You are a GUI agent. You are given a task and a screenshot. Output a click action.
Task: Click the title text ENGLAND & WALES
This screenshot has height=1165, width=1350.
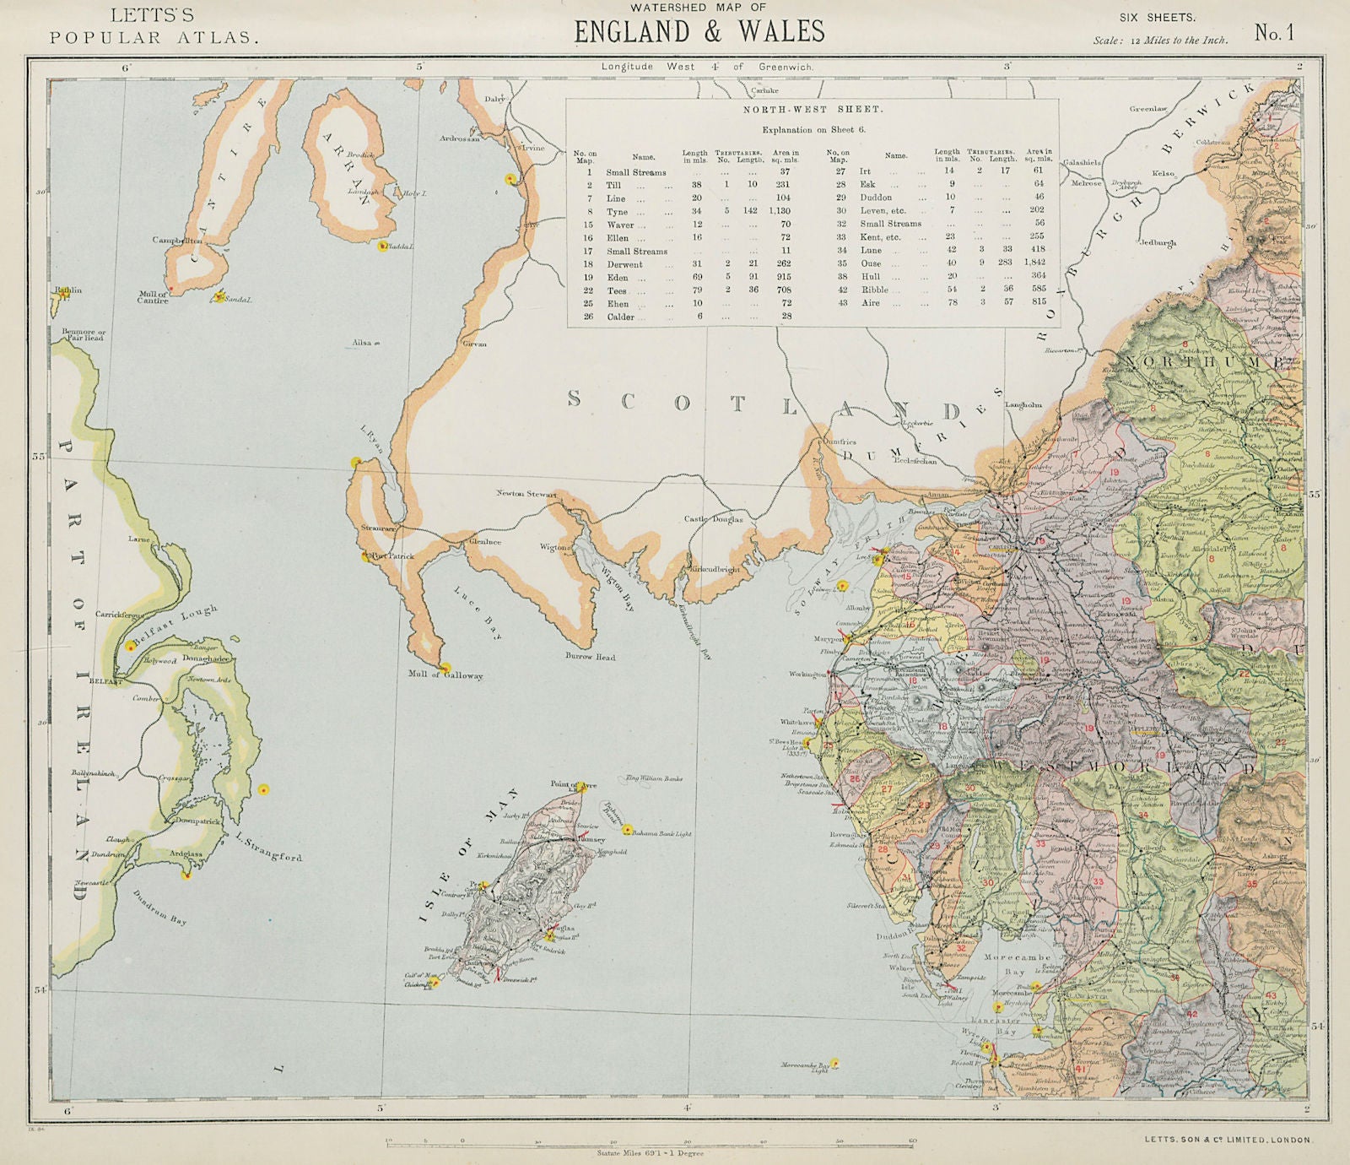pyautogui.click(x=699, y=32)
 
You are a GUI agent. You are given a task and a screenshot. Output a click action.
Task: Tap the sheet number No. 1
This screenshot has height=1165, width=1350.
pyautogui.click(x=1273, y=33)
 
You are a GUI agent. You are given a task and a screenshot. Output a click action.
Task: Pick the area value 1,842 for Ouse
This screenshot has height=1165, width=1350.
pyautogui.click(x=1034, y=263)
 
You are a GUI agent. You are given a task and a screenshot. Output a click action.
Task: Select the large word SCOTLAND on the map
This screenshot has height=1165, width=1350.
pyautogui.click(x=764, y=404)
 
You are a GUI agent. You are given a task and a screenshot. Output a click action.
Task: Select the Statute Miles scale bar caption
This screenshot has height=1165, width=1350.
pyautogui.click(x=650, y=1152)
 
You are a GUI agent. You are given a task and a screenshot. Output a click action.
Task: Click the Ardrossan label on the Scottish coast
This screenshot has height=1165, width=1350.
pyautogui.click(x=459, y=138)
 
